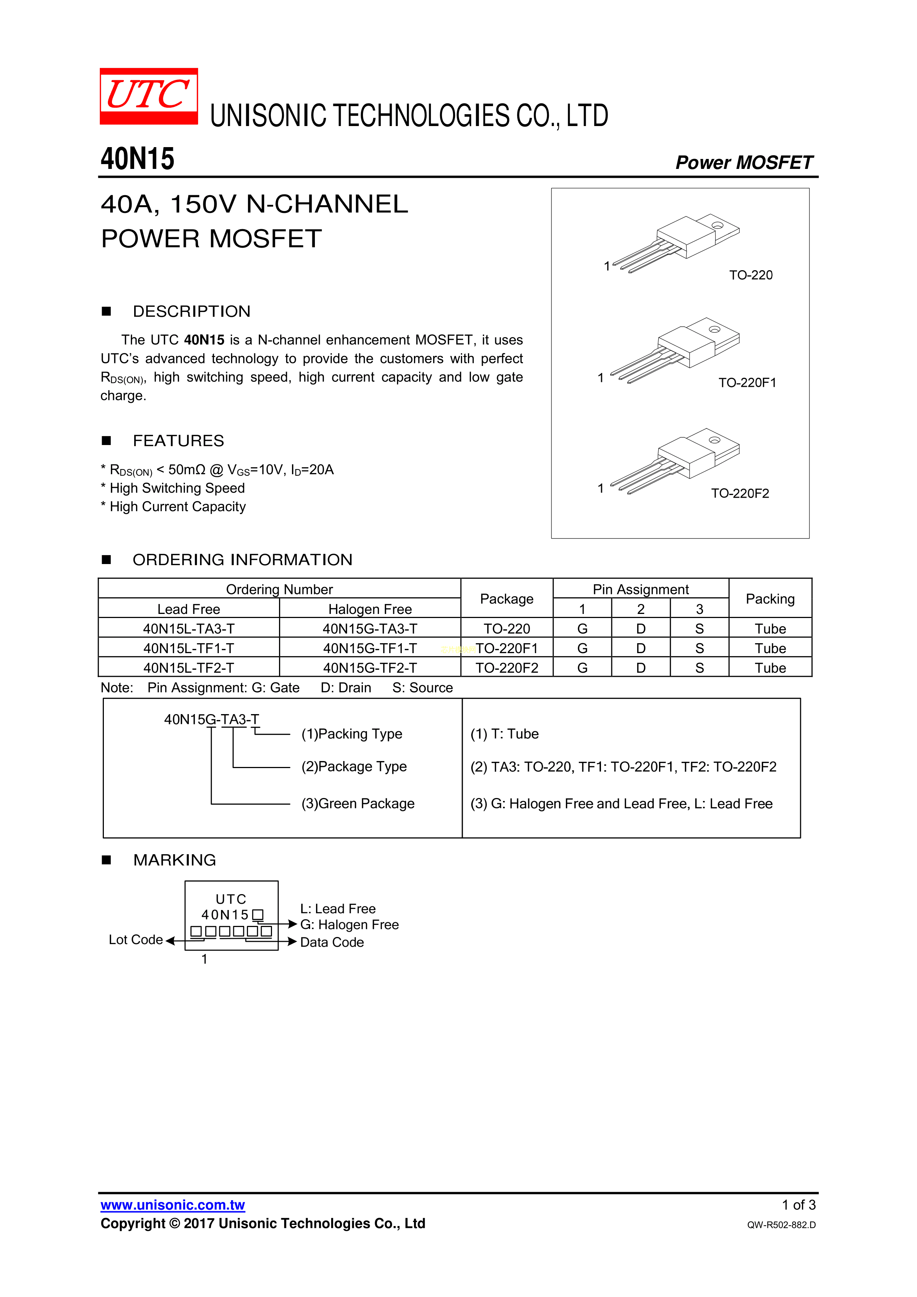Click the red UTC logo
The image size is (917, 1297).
coord(149,96)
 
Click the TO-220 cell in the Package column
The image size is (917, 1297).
coord(506,629)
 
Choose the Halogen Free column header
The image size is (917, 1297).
coord(370,609)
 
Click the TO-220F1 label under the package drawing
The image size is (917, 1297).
coord(747,383)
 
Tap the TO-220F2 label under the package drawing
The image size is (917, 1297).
coord(740,494)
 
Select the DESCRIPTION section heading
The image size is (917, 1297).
coord(191,311)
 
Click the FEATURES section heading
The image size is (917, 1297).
coord(178,441)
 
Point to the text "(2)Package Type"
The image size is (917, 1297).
coord(354,767)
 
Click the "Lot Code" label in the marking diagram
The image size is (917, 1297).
coord(136,940)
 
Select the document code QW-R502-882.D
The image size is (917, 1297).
coord(781,1225)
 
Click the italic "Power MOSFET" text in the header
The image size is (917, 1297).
coord(744,163)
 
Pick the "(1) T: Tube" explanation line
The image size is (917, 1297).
coord(505,734)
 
